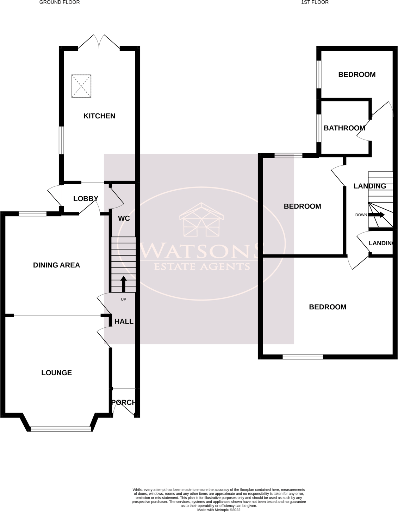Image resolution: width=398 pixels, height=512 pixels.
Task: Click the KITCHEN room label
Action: coord(99,116)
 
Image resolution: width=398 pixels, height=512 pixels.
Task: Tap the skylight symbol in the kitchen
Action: coord(81,86)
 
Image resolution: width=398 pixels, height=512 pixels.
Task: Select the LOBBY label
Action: coord(86,199)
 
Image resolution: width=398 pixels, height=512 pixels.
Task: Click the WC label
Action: coord(124,218)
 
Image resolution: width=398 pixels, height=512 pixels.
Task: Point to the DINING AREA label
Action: coord(56,265)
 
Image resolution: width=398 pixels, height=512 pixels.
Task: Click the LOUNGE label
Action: coord(56,372)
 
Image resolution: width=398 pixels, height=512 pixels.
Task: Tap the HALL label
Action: coord(124,321)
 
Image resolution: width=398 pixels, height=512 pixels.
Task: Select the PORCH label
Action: coord(123,402)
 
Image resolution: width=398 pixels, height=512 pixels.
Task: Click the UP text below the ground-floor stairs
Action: coord(123,299)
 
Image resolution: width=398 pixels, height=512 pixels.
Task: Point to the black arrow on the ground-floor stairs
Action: coord(123,284)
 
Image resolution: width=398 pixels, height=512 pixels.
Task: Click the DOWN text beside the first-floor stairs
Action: coord(361,215)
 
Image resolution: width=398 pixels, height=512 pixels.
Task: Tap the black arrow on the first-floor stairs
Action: coord(377,215)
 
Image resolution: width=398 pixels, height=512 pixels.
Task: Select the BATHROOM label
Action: coord(344,128)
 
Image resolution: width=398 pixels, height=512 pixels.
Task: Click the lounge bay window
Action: coord(61,428)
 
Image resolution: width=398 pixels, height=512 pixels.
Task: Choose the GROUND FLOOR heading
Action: coord(60,2)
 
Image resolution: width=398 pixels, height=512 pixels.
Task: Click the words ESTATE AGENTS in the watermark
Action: coord(202,266)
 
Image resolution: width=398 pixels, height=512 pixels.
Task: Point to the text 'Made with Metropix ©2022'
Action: coord(219,510)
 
